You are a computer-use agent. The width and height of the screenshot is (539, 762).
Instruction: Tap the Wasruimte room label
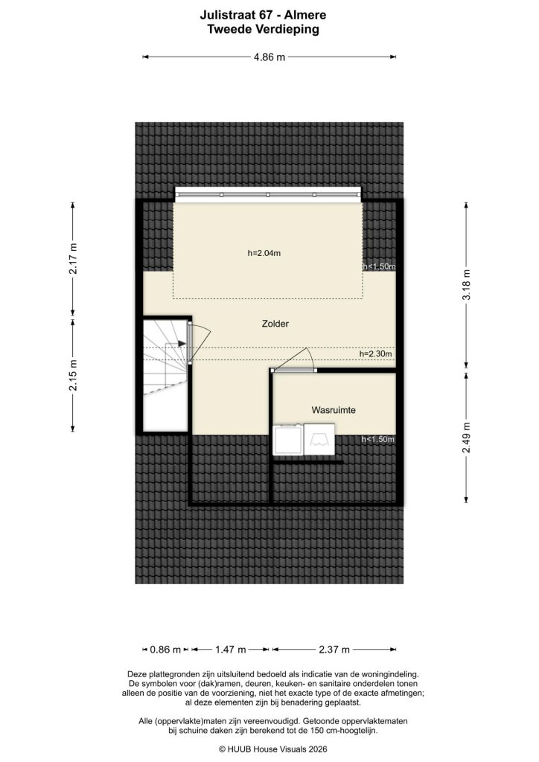(x=333, y=410)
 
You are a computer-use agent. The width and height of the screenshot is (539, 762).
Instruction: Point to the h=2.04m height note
(x=264, y=253)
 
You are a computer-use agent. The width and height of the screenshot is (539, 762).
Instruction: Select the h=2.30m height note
(x=375, y=354)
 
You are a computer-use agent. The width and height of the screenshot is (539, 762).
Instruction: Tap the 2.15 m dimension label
(x=73, y=375)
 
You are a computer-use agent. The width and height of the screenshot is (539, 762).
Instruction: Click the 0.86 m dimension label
(x=165, y=650)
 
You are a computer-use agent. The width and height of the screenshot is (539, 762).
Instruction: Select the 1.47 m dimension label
(x=230, y=650)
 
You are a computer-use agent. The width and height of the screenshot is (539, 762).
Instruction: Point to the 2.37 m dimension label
(x=334, y=650)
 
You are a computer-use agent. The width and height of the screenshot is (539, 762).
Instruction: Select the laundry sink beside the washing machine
(x=320, y=439)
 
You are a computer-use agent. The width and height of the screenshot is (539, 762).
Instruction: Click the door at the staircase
(x=191, y=343)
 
